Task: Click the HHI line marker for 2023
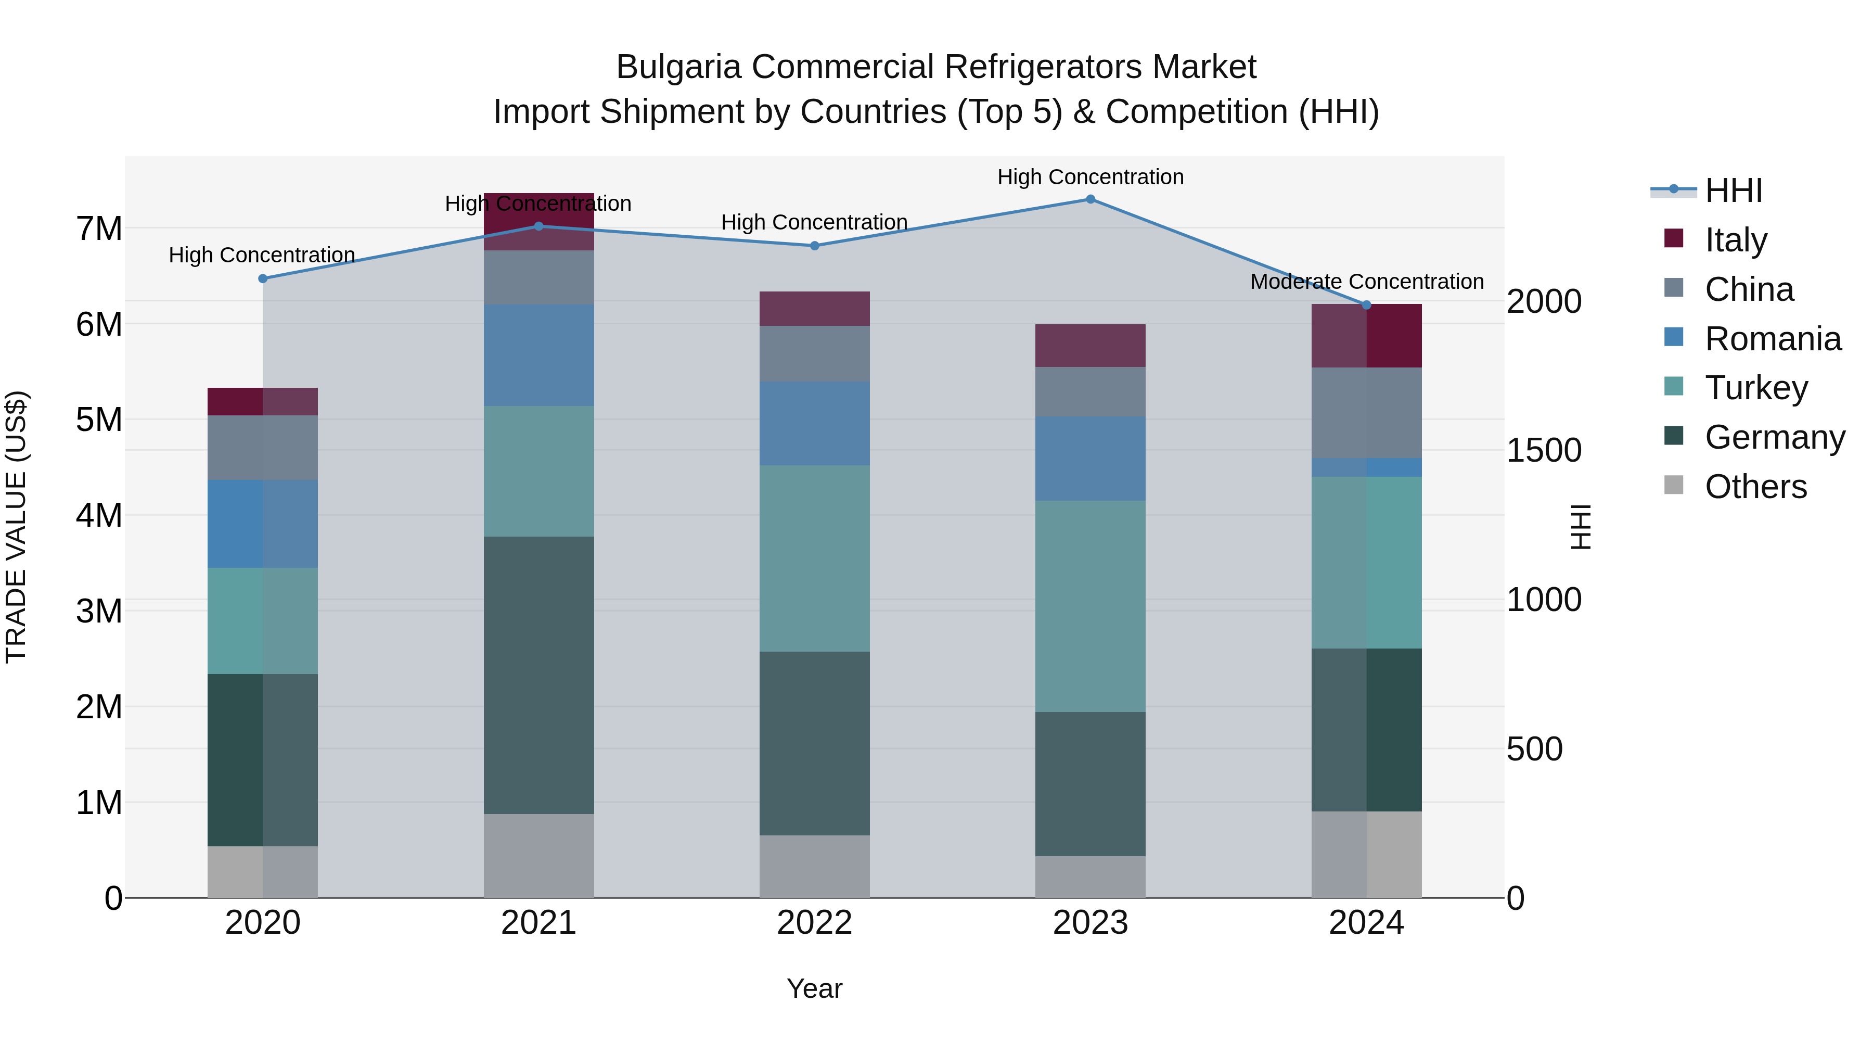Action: (x=1090, y=199)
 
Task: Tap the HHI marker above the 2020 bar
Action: (x=263, y=278)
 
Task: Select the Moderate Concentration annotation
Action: (x=1366, y=282)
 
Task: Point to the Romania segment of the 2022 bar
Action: (x=814, y=423)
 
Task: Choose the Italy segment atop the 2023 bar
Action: (x=1090, y=346)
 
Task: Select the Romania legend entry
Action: (x=1772, y=339)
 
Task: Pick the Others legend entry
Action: (x=1755, y=487)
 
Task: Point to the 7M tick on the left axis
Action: (x=99, y=228)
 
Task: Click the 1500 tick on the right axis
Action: (x=1544, y=450)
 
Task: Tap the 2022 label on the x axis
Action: (x=814, y=923)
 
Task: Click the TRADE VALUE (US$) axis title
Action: (x=16, y=527)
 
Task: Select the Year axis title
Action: (x=814, y=988)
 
